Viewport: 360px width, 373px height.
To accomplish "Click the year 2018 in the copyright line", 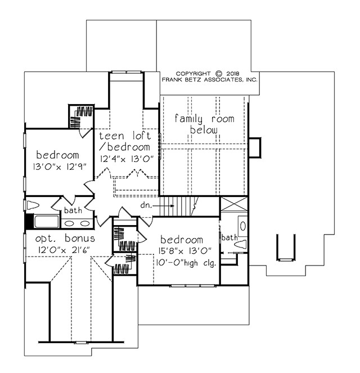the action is tap(234, 73).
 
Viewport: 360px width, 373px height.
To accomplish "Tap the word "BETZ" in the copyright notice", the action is tap(195, 80).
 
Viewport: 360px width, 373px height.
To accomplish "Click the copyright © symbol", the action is tap(219, 73).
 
